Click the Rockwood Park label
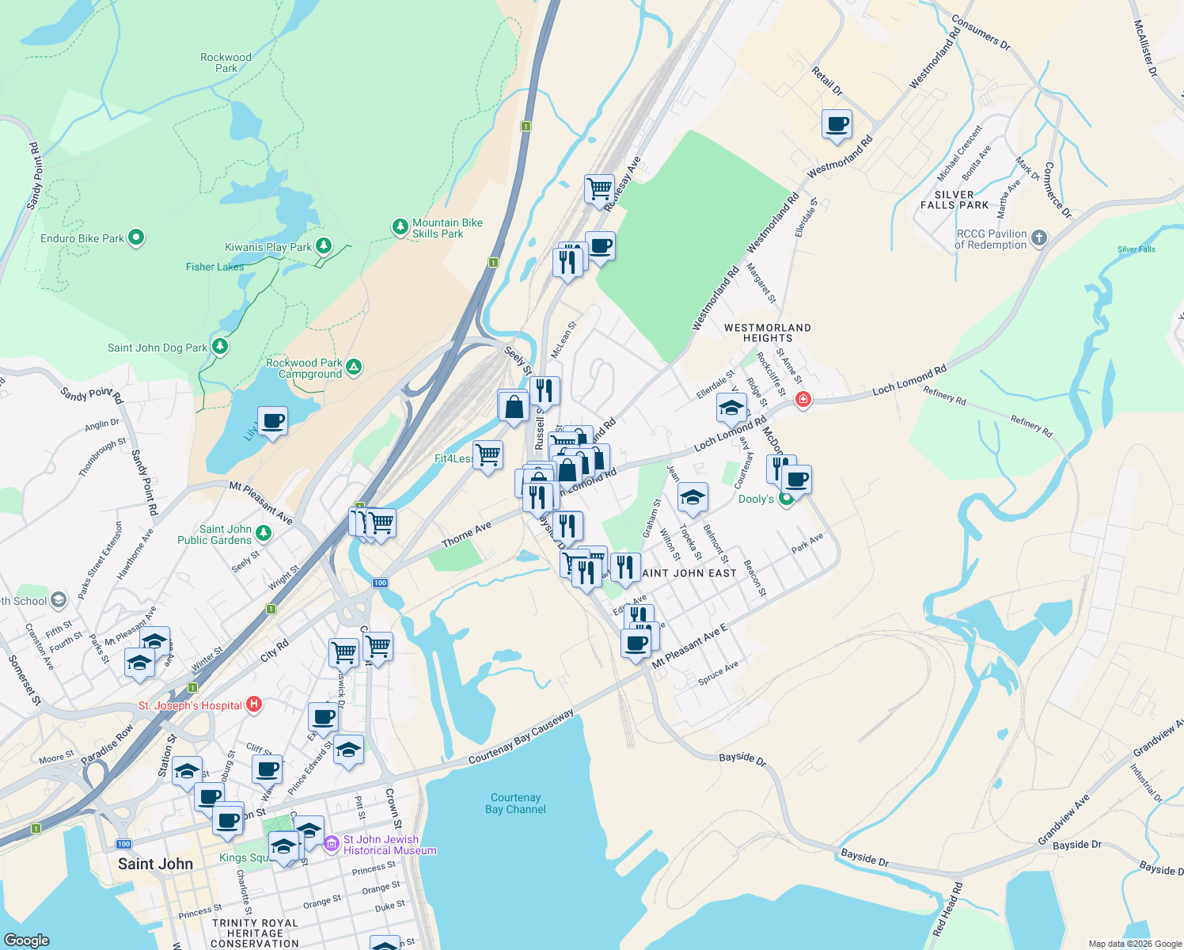point(226,63)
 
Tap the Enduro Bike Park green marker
point(136,237)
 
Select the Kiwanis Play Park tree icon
point(323,245)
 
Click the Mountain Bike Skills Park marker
point(400,227)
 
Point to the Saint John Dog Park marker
point(220,346)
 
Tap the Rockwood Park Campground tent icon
point(355,367)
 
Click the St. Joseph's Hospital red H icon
point(253,704)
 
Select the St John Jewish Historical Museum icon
point(332,844)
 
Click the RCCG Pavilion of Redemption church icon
point(1039,237)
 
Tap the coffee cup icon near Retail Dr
point(837,124)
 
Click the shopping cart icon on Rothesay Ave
point(599,189)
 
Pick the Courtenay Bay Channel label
point(515,804)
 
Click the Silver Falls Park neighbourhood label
point(954,199)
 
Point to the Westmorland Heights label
point(767,332)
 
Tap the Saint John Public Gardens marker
point(264,534)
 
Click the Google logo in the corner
point(27,940)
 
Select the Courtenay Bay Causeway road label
point(521,737)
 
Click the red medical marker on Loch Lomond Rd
point(803,399)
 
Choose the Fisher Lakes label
point(214,267)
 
